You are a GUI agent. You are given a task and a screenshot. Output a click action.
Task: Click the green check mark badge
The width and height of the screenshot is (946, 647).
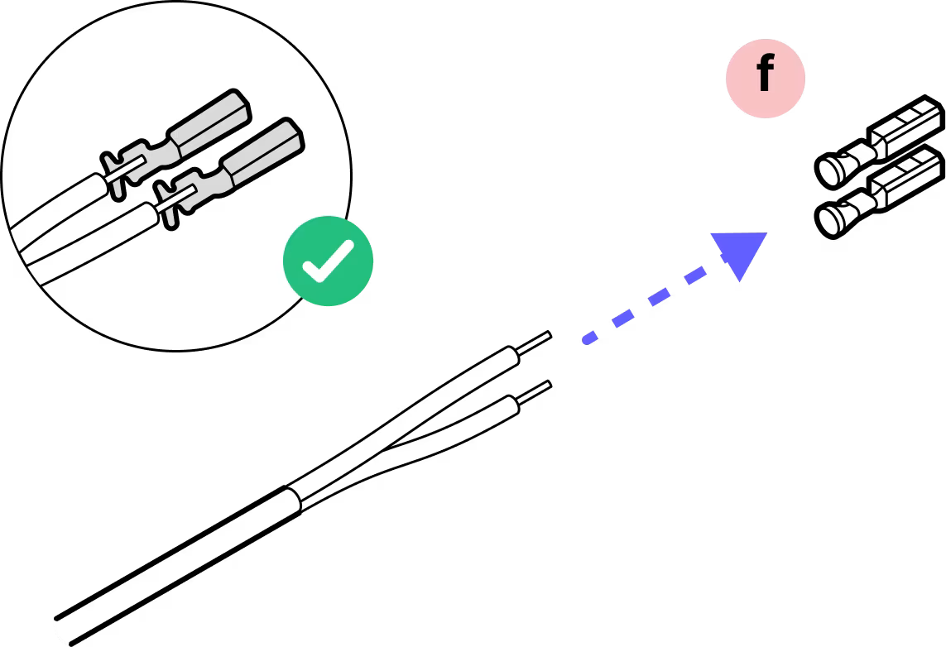[329, 261]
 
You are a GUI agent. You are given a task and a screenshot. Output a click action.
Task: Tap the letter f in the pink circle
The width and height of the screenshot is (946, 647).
[765, 77]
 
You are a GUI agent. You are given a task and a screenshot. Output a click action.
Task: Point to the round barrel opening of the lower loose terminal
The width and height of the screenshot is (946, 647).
[830, 219]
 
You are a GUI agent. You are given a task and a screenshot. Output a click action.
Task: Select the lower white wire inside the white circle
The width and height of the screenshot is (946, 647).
[83, 240]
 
